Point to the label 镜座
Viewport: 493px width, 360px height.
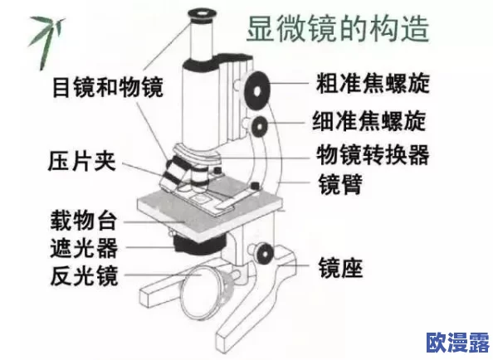340,268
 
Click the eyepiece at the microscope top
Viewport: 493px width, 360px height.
203,15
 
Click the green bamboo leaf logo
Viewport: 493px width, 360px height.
41,33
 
